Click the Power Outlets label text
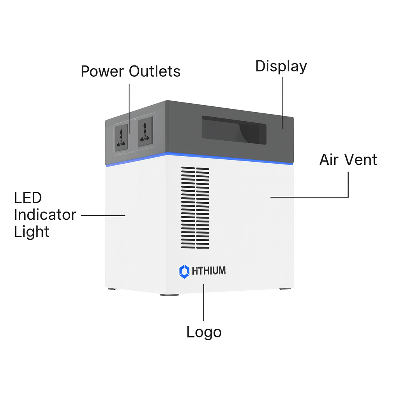131,72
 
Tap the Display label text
281,66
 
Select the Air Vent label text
348,160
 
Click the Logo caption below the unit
204,332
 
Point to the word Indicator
45,215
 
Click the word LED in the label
28,198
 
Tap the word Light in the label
32,232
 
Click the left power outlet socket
122,136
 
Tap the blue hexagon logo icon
184,271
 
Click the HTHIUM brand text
208,271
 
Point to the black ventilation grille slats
195,208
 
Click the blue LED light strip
199,157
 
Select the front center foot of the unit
169,295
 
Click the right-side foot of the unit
285,289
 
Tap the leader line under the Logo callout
204,302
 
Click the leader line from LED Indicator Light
103,215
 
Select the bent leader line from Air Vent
348,187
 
